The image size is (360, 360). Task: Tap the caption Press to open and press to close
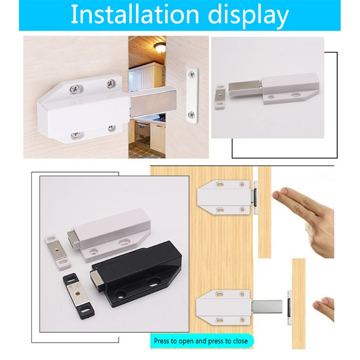tap(201, 341)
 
